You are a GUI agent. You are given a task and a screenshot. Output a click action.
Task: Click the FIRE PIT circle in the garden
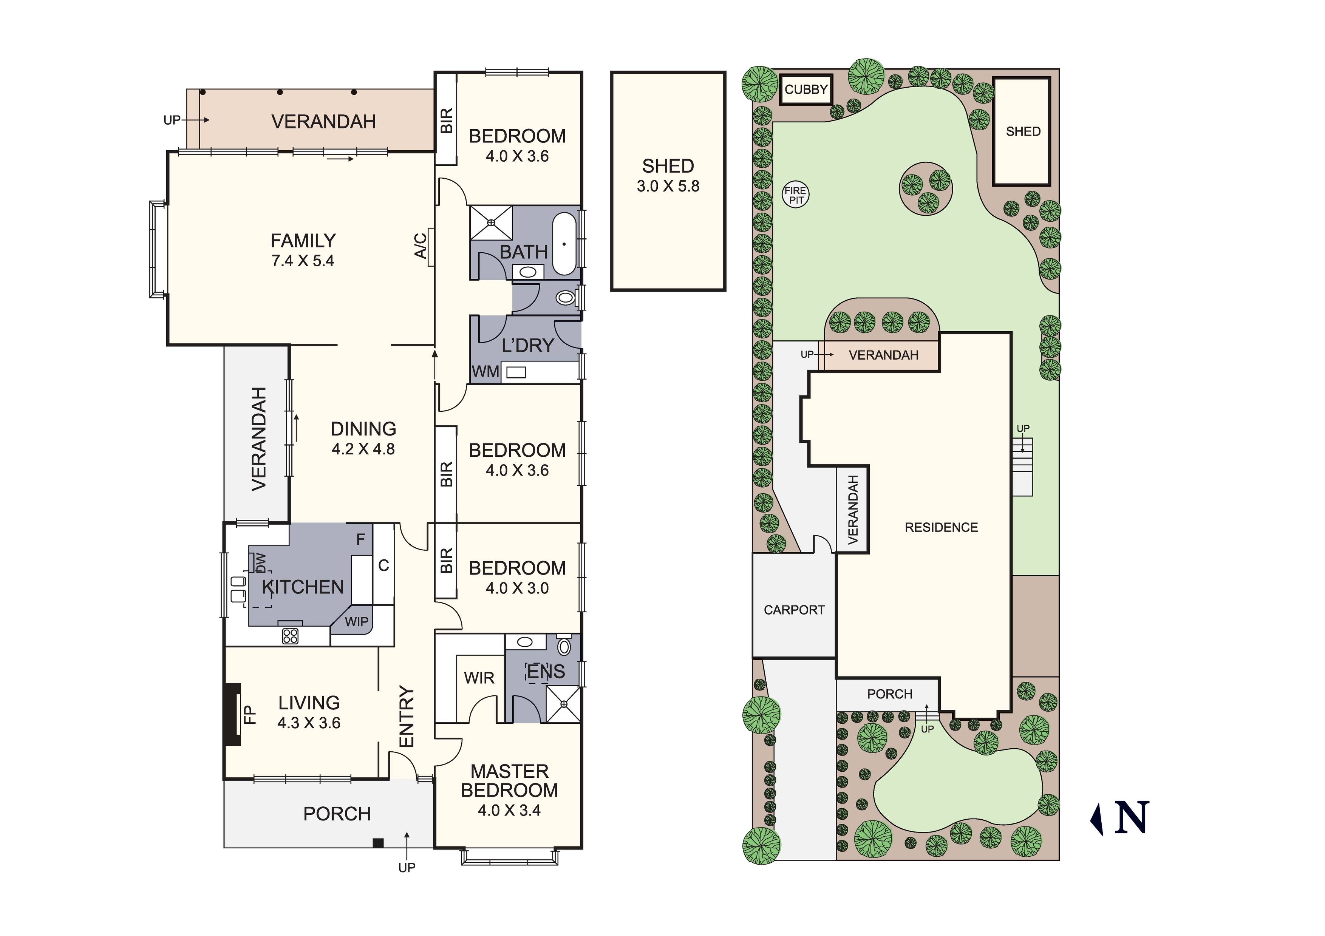coord(796,195)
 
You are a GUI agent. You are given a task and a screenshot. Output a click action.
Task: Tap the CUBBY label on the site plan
coord(806,90)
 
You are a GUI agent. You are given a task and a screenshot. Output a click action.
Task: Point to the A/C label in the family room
coord(421,245)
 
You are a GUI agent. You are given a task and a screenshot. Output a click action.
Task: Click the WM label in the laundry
coord(485,372)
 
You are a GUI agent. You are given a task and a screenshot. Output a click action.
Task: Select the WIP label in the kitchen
coord(357,621)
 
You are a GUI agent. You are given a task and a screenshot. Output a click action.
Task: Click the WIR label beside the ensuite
coord(479,678)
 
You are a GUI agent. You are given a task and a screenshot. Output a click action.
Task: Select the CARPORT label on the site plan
coord(794,610)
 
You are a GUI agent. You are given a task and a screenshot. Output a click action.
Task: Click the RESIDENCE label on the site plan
coord(941,527)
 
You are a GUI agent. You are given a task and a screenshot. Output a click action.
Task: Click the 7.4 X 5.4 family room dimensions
coord(303,261)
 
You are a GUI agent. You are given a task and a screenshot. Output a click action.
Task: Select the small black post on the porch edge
coord(378,843)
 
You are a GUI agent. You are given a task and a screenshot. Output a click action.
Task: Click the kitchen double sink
coord(238,589)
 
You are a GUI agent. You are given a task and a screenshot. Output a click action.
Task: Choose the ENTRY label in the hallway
coord(407,717)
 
